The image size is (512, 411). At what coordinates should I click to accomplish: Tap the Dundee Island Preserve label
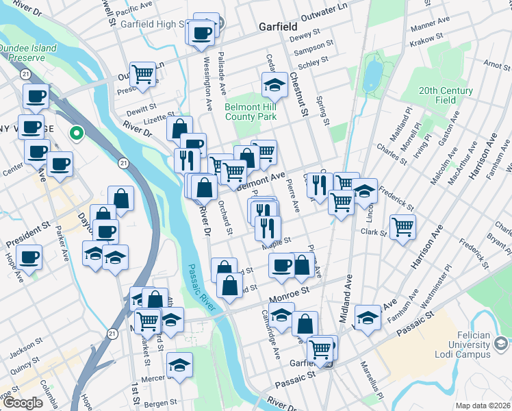[x=23, y=53]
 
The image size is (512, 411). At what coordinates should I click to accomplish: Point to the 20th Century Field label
[x=446, y=95]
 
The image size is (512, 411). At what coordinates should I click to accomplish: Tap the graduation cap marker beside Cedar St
[x=274, y=85]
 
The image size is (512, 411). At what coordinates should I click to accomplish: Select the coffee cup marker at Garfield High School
[x=201, y=32]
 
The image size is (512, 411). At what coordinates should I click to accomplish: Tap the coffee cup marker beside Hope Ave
[x=29, y=258]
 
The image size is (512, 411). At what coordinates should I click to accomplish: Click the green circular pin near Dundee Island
[x=77, y=133]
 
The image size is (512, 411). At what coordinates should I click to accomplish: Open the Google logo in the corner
[x=23, y=403]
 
